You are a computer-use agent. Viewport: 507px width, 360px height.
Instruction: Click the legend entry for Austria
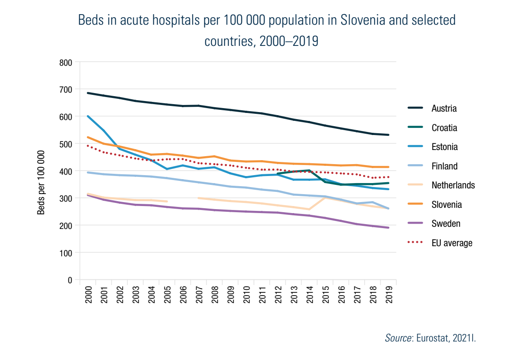444,109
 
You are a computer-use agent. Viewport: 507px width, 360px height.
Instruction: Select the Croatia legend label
444,128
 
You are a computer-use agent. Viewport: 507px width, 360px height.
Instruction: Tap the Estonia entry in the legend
444,147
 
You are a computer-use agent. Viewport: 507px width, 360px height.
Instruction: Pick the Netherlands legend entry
453,185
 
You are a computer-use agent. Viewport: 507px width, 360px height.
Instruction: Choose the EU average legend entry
451,243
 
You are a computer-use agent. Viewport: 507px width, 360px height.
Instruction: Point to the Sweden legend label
446,224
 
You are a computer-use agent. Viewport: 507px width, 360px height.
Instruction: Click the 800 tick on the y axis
65,62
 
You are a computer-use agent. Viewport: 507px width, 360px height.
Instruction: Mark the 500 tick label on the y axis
65,144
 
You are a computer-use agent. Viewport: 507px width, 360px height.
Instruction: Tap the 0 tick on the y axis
69,280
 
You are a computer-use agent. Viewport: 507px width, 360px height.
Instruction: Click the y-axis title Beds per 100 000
41,182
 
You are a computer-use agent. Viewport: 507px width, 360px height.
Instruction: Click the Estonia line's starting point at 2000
88,116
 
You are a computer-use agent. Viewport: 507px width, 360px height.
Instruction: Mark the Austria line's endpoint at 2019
388,135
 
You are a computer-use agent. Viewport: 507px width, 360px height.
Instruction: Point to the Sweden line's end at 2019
388,228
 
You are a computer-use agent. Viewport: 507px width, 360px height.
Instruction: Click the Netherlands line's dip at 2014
309,210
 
